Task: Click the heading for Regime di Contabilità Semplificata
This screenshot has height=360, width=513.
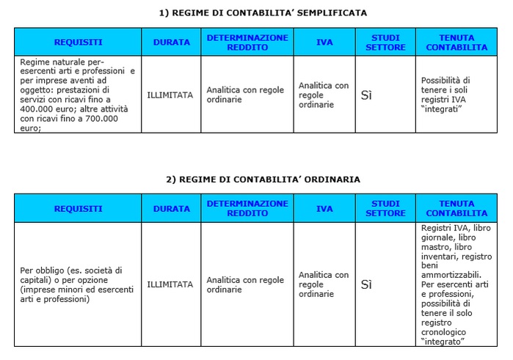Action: (262, 12)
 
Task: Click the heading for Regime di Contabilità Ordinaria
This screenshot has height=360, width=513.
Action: (262, 179)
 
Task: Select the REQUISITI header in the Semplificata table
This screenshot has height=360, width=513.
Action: (78, 43)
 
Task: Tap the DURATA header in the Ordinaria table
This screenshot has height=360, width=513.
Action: (171, 209)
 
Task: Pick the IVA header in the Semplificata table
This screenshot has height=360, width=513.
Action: (324, 43)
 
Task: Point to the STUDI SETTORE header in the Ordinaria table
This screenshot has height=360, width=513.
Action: (385, 209)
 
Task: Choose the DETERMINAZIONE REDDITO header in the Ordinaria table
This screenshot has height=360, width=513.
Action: (247, 208)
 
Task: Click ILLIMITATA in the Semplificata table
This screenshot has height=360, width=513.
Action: (170, 95)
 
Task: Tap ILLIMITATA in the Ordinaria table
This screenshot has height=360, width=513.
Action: (170, 284)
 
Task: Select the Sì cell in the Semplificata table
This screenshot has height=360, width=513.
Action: (367, 95)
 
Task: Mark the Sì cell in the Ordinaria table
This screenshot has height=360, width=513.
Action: (367, 284)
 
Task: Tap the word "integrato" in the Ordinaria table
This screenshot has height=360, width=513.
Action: (444, 342)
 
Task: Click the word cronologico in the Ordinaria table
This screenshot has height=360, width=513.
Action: (445, 332)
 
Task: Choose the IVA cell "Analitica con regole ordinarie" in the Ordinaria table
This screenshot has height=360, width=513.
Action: (324, 284)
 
